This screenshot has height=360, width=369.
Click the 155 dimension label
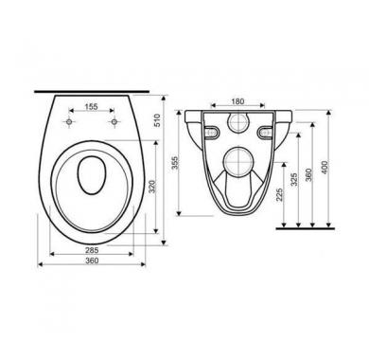92,107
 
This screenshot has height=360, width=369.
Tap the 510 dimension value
157,120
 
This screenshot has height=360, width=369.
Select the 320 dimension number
151,187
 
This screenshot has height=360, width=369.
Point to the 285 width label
92,250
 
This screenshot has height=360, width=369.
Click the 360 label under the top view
92,261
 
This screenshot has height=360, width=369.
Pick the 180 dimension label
237,101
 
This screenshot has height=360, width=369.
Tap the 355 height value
176,163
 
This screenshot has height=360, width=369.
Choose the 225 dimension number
279,195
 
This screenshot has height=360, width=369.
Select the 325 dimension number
294,180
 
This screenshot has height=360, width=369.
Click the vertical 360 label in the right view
308,174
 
